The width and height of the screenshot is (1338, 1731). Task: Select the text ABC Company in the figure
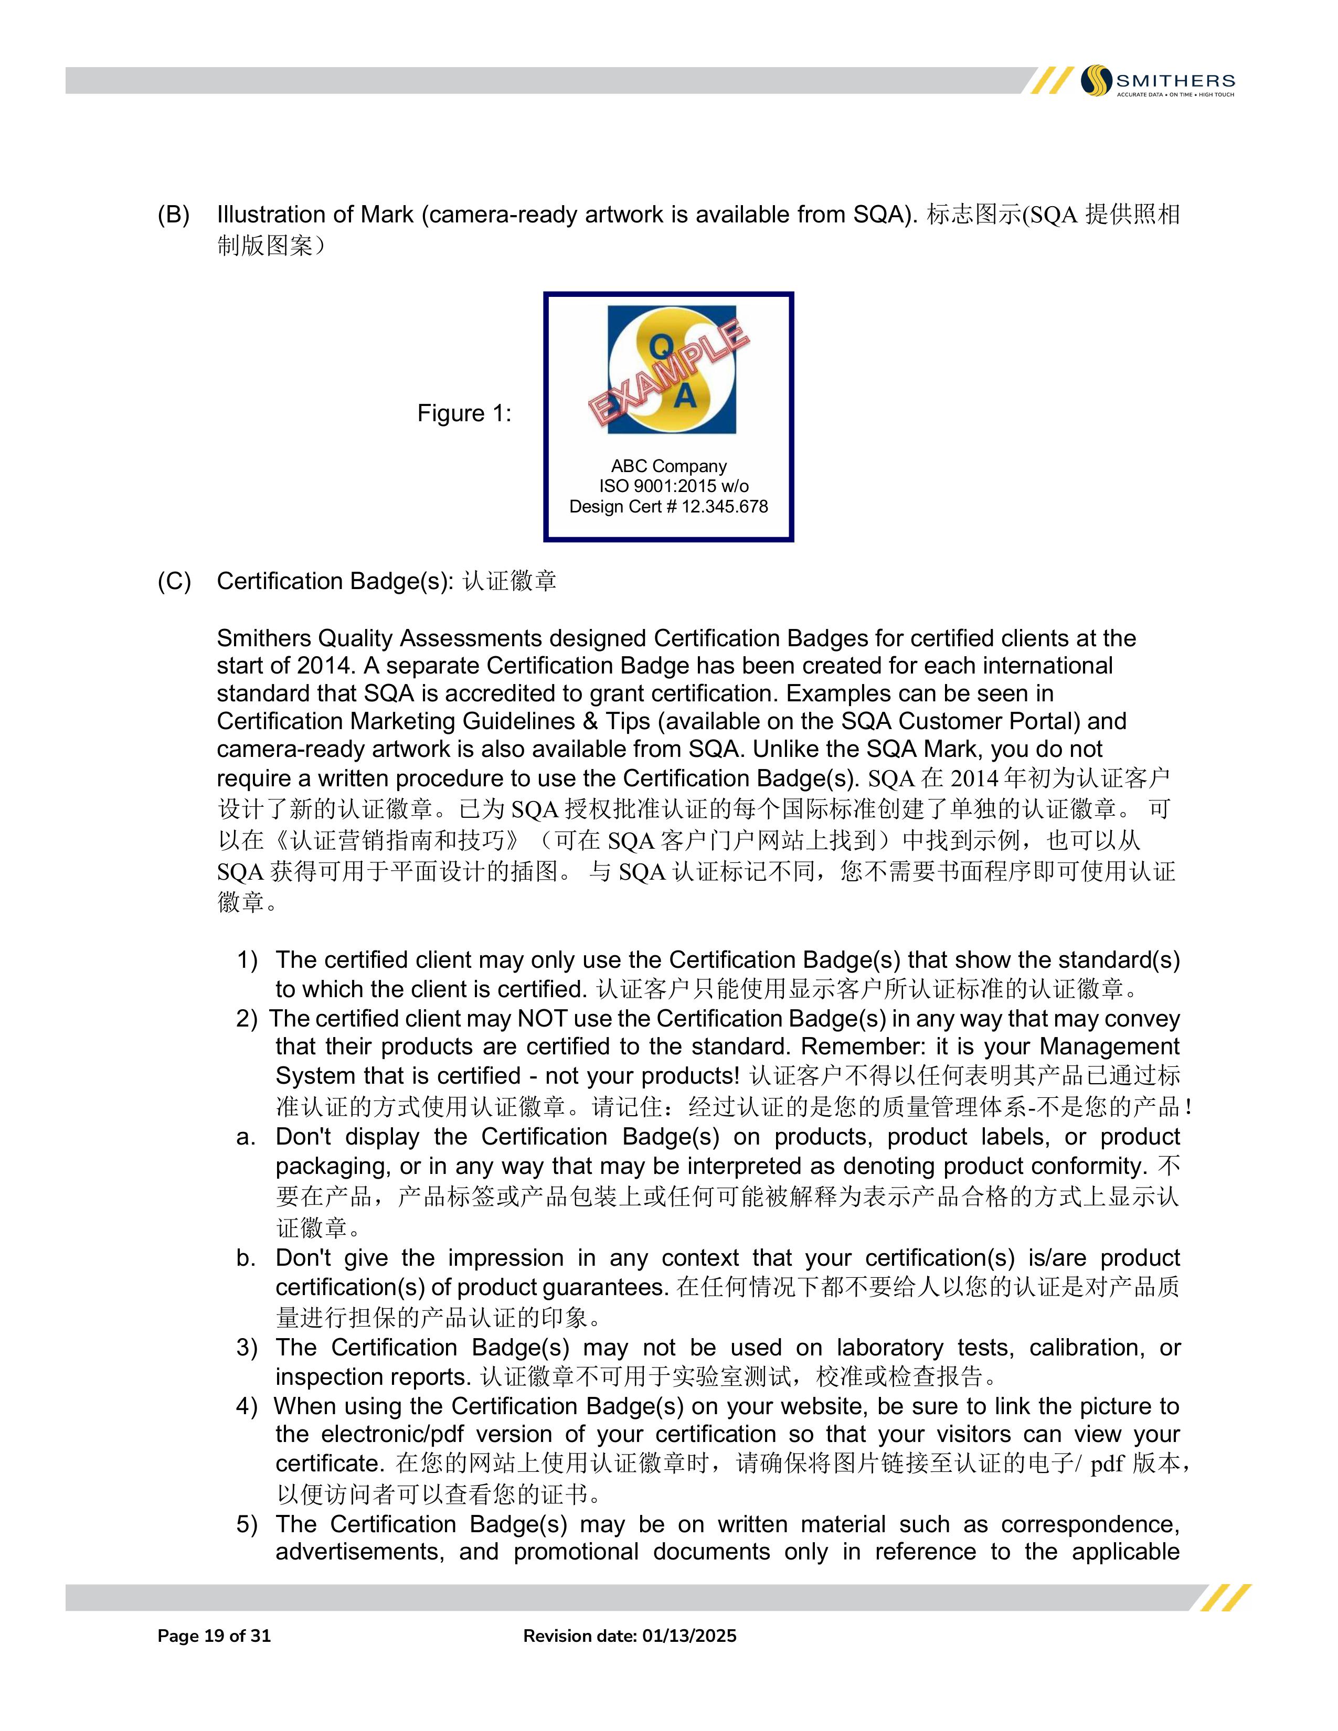coord(668,466)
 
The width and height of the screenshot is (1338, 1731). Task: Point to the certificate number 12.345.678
coord(725,507)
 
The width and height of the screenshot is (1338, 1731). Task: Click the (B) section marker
coord(174,215)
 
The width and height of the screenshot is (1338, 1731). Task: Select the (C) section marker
coord(174,581)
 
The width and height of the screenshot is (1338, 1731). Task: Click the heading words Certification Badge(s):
coord(335,581)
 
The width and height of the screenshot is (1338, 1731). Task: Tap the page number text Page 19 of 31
coord(214,1636)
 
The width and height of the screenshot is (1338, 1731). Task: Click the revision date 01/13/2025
coord(689,1636)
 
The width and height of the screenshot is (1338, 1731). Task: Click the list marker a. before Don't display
coord(246,1137)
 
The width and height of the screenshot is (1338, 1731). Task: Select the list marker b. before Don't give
coord(246,1258)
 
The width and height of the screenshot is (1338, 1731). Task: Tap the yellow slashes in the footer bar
coord(1225,1598)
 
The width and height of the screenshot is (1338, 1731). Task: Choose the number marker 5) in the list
coord(247,1524)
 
